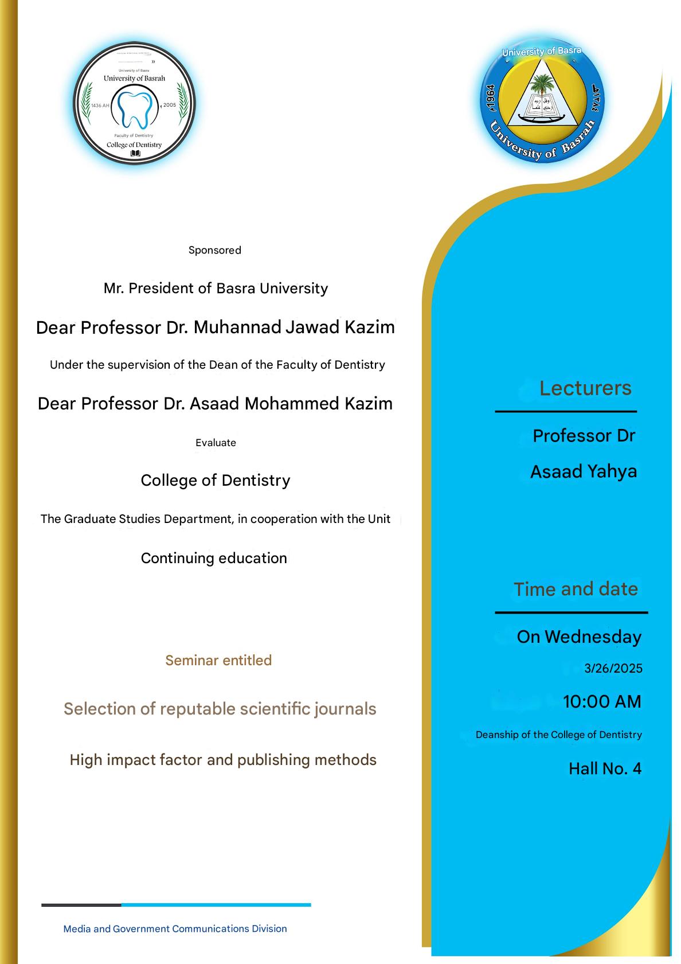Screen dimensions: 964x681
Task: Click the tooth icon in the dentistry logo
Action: tap(135, 107)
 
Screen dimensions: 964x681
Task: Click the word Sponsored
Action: tap(215, 250)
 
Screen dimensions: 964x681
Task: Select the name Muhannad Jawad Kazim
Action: tap(294, 327)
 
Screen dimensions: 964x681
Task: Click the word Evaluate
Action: tap(216, 443)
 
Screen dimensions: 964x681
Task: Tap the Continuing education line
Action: tap(214, 558)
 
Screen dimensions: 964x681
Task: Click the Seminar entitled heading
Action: tap(218, 660)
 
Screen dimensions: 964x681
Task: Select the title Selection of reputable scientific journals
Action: tap(220, 709)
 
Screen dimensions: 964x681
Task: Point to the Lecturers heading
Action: tap(585, 388)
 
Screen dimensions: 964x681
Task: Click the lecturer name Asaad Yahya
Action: tap(584, 471)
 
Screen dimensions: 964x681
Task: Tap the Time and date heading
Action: tap(576, 589)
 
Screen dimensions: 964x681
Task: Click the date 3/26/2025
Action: tap(613, 668)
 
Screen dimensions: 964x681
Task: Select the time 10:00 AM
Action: tap(602, 701)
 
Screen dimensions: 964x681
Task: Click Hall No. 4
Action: tap(605, 768)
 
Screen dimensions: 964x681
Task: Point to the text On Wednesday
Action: tap(579, 637)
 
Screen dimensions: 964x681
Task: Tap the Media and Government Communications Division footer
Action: tap(175, 928)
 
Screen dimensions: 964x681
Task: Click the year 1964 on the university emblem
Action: tap(490, 97)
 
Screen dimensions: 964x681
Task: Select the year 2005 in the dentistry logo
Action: tap(170, 105)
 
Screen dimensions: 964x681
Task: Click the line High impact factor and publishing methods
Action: tap(223, 760)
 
